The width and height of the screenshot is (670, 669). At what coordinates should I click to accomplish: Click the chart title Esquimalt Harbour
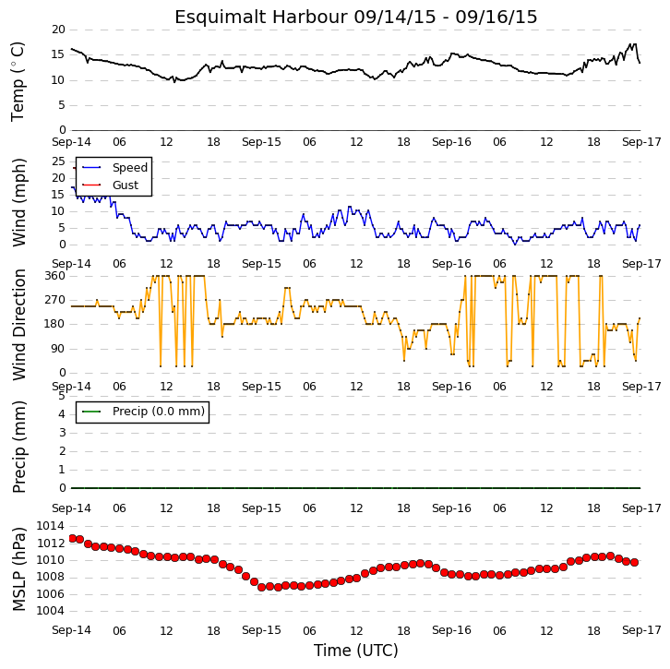click(260, 18)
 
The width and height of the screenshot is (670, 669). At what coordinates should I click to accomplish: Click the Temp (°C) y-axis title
click(18, 81)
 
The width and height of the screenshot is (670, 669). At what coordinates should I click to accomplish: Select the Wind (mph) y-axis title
click(18, 202)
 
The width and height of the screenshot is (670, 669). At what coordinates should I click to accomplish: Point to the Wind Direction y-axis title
click(18, 324)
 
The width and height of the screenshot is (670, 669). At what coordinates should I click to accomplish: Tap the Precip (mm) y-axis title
click(18, 447)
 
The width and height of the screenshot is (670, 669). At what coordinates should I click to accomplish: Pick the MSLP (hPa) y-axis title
click(18, 568)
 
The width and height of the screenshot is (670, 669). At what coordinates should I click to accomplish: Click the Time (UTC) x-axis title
click(355, 651)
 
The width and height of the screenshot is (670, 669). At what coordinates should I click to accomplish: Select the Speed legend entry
click(130, 167)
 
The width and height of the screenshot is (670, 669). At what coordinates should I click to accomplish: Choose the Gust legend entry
click(126, 185)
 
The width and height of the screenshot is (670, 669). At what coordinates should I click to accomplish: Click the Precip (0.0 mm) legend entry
click(159, 412)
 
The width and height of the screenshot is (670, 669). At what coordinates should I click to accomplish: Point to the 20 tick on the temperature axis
click(58, 30)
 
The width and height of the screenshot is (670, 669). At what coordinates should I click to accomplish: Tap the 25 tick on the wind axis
click(58, 161)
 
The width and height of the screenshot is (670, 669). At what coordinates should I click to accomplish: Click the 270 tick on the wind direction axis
click(55, 300)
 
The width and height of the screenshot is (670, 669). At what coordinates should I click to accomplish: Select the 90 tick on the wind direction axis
click(58, 349)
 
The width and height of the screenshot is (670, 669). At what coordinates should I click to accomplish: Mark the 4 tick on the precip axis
click(63, 414)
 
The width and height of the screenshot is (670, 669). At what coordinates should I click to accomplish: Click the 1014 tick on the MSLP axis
click(51, 526)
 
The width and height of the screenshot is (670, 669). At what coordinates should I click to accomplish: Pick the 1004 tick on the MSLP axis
click(51, 611)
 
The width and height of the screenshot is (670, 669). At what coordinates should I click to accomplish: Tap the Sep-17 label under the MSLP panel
click(641, 630)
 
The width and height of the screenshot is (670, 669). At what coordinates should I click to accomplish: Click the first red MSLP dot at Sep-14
click(73, 538)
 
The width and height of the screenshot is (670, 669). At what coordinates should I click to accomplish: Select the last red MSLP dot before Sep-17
click(635, 563)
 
